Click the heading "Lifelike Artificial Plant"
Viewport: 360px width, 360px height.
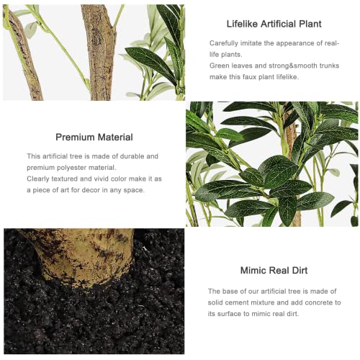[x=274, y=24]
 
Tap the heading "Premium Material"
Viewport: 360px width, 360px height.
[x=94, y=138]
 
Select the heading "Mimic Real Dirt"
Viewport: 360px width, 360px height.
[x=274, y=271]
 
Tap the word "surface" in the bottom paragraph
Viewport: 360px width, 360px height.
[x=229, y=314]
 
